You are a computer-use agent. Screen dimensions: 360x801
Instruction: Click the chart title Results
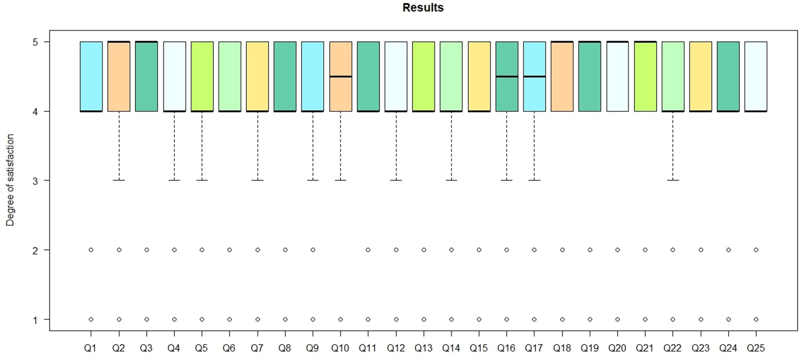coord(423,8)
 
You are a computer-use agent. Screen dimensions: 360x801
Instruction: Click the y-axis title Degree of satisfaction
coord(10,180)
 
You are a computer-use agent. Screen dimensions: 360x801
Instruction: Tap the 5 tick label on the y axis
coord(35,42)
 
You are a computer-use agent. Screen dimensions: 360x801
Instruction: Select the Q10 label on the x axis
coord(340,348)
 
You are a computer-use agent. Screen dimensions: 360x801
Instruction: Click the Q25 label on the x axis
coord(756,348)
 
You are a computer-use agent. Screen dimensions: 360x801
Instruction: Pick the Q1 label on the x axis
coord(90,348)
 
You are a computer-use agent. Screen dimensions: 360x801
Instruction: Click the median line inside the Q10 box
coord(340,77)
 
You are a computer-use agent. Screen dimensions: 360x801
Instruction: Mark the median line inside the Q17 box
coord(534,77)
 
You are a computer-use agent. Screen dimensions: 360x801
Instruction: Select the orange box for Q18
coord(562,77)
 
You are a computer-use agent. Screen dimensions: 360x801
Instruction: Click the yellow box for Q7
coord(257,77)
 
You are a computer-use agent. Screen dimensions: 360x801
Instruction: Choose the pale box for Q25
coord(756,77)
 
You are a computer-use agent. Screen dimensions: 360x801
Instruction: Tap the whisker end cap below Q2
coord(119,180)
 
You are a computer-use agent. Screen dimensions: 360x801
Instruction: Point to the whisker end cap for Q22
coord(673,180)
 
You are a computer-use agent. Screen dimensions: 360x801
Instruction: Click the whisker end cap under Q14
coord(451,180)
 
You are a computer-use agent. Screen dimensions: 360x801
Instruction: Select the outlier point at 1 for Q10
coord(340,319)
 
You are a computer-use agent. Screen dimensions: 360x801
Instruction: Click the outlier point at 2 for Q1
coord(91,250)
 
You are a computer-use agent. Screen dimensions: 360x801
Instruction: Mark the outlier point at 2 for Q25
coord(756,250)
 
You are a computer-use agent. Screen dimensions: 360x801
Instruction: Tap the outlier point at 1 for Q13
coord(424,319)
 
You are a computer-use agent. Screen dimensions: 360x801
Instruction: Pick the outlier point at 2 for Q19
coord(590,250)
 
